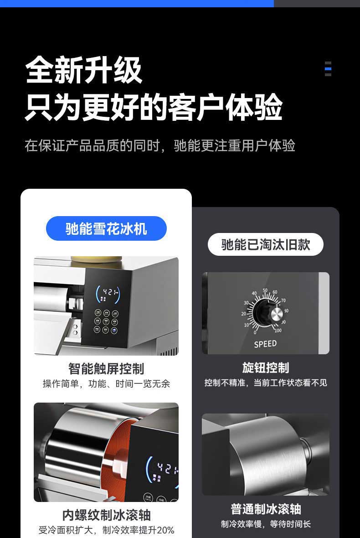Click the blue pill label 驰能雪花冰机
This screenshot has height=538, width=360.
pyautogui.click(x=106, y=228)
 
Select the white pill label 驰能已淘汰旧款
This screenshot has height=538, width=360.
pyautogui.click(x=266, y=245)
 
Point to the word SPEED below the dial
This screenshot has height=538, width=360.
pyautogui.click(x=265, y=344)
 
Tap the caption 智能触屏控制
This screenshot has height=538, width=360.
pyautogui.click(x=106, y=368)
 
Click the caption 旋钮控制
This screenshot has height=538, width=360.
pyautogui.click(x=266, y=367)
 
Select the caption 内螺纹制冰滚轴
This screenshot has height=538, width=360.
pyautogui.click(x=106, y=515)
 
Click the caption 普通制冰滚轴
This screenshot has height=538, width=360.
pyautogui.click(x=266, y=509)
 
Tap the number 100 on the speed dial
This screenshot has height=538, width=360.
pyautogui.click(x=278, y=330)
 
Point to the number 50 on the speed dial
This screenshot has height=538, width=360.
pyautogui.click(x=265, y=290)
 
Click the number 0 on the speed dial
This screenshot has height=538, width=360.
pyautogui.click(x=255, y=332)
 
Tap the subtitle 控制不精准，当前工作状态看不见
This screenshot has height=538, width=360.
pyautogui.click(x=266, y=383)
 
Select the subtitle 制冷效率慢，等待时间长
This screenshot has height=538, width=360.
pyautogui.click(x=266, y=524)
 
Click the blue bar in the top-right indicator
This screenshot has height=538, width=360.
pyautogui.click(x=328, y=69)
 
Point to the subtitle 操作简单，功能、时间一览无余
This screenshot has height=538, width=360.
pyautogui.click(x=106, y=384)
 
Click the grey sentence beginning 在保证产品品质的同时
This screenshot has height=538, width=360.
pyautogui.click(x=160, y=146)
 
